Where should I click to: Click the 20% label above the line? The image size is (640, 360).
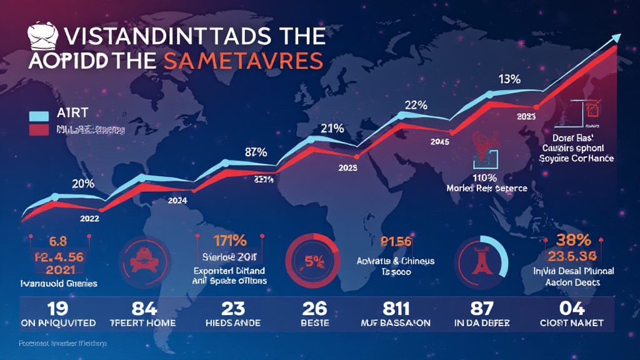pos(83,183)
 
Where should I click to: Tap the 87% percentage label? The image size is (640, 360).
pos(256,151)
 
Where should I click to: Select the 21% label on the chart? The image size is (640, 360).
pos(332,129)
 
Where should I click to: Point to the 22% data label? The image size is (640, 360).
pos(416,106)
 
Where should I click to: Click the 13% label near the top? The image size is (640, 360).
pos(509,79)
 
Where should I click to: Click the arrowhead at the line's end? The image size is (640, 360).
pos(615,37)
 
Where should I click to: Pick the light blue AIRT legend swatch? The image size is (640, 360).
pos(39,116)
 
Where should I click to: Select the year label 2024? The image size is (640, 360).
pos(178,201)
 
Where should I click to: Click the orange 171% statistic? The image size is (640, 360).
pos(229,240)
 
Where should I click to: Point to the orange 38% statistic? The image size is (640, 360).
pos(573,240)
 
